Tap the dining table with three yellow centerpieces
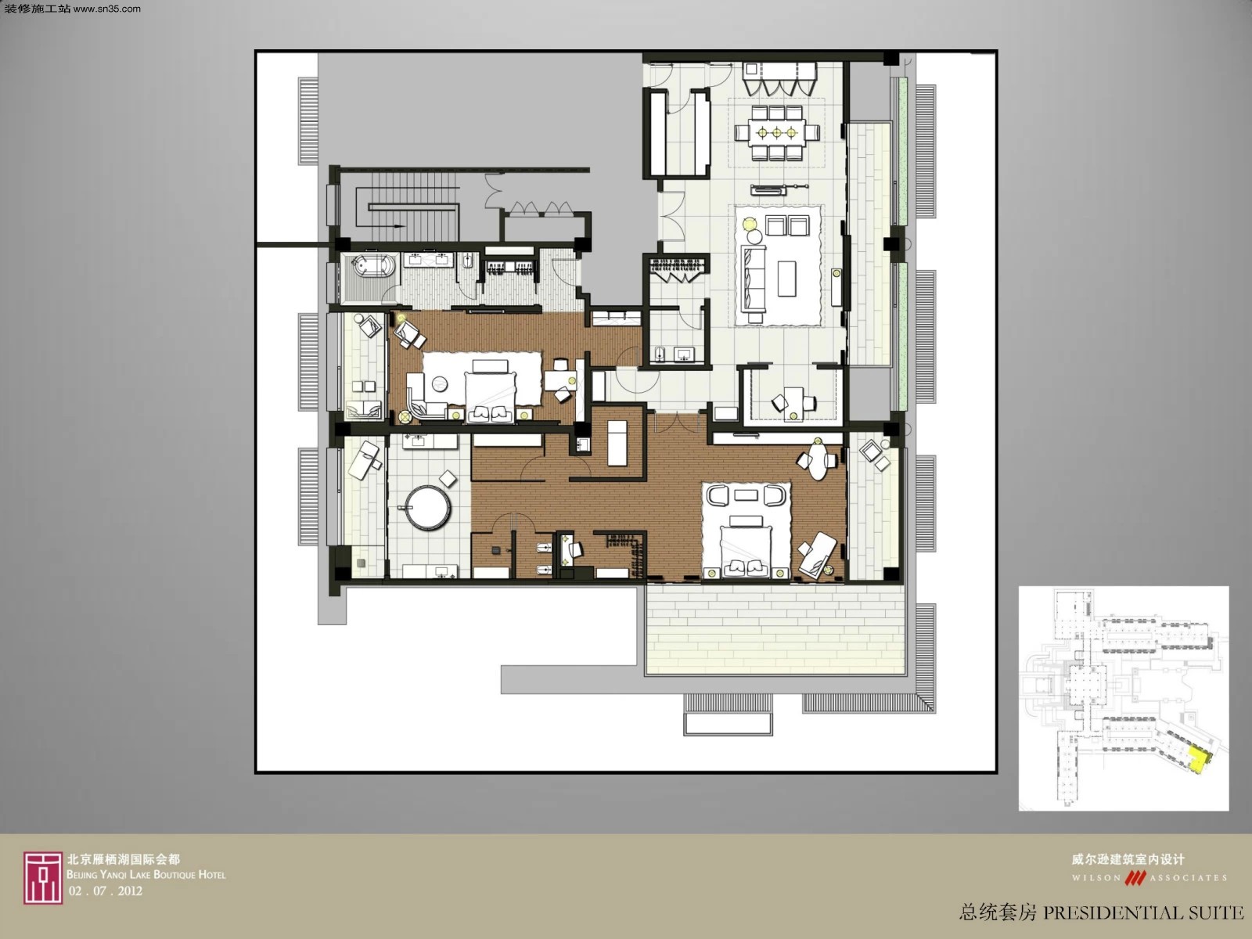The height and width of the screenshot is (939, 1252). coord(777,133)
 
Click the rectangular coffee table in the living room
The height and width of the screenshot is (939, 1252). coord(786,279)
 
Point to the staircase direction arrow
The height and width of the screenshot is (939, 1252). coord(398,226)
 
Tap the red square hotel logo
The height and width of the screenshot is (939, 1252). coord(43,878)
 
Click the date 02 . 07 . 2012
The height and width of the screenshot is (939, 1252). coord(105,891)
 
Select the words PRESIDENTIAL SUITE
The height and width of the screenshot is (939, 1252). coord(1143,913)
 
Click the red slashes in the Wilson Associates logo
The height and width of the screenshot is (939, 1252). coord(1135,878)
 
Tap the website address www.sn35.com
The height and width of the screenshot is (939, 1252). coord(106,9)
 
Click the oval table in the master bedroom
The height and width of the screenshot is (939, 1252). coord(818,461)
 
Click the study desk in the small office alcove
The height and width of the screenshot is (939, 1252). coord(793,400)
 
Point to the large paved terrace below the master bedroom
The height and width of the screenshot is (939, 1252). coord(775,630)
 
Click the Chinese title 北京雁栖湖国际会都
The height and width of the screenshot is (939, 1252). coord(124,859)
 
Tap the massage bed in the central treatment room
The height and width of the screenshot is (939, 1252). coord(617,443)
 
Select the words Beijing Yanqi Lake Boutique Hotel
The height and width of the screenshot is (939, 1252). coord(146,875)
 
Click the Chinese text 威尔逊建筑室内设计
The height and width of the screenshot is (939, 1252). coord(1128,859)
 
